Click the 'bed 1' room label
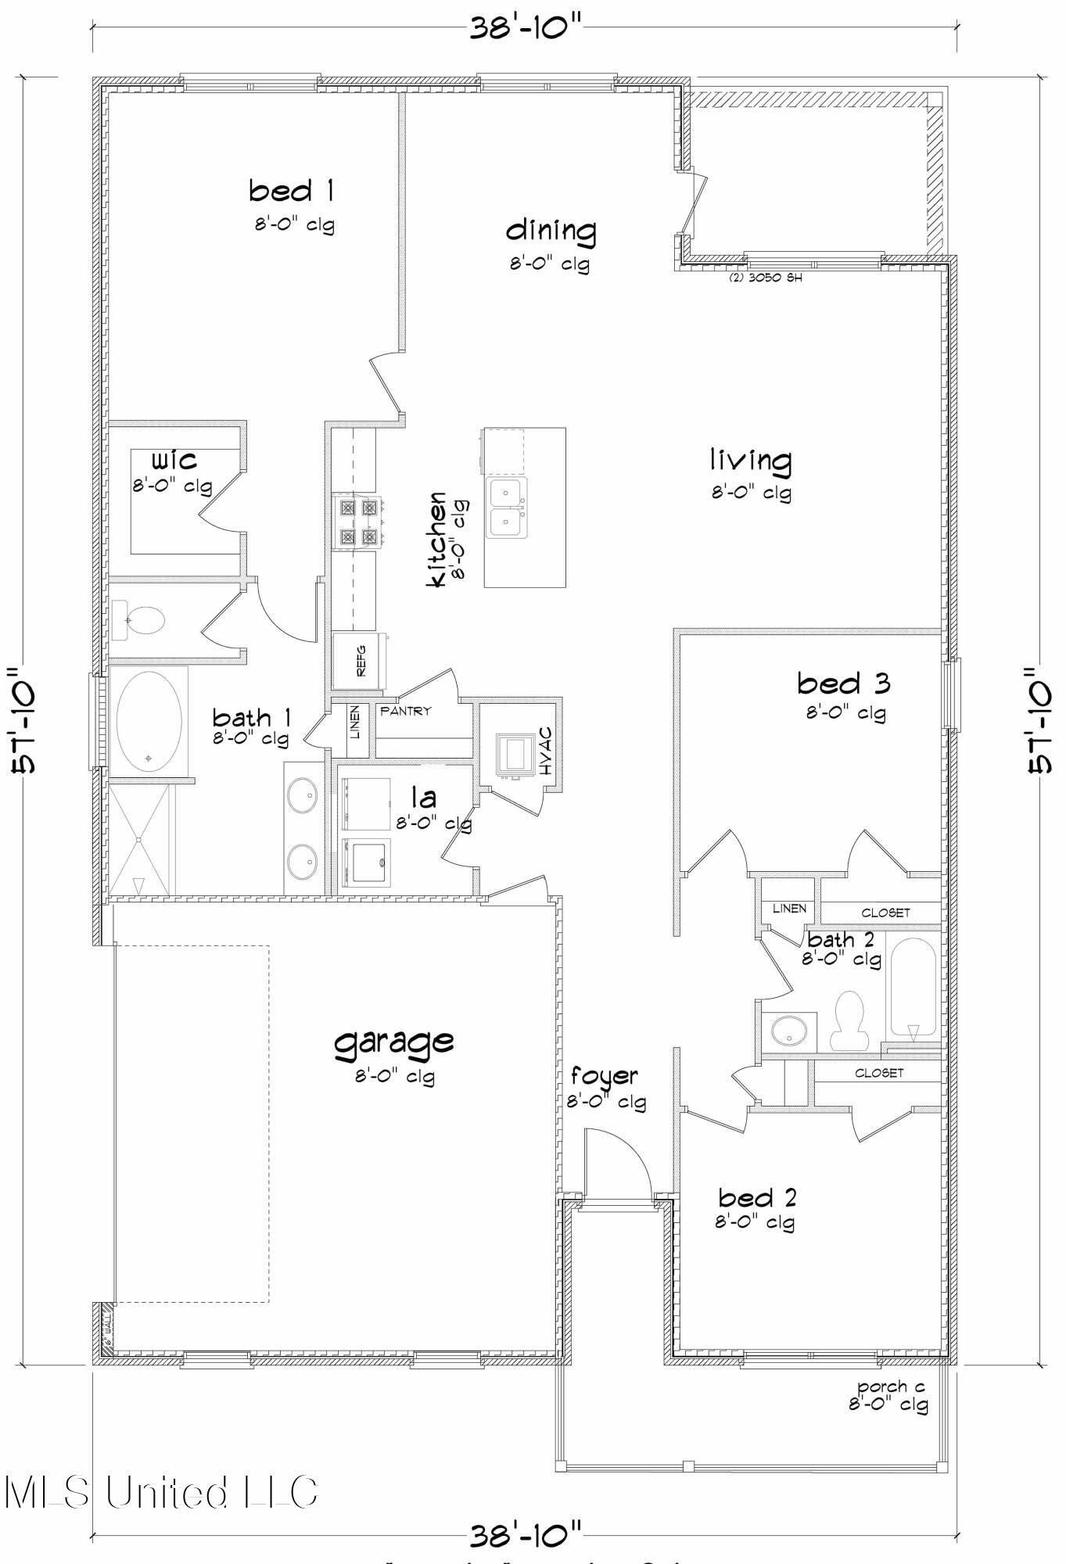[x=292, y=191]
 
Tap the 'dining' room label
[x=551, y=231]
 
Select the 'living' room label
[x=750, y=461]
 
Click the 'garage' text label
[x=394, y=1042]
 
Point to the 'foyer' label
[x=604, y=1077]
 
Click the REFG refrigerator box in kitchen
[x=360, y=661]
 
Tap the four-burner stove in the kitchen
[x=357, y=522]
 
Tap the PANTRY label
[x=405, y=711]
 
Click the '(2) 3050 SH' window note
[x=765, y=278]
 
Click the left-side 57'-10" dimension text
[x=25, y=719]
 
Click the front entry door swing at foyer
[x=618, y=1164]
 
